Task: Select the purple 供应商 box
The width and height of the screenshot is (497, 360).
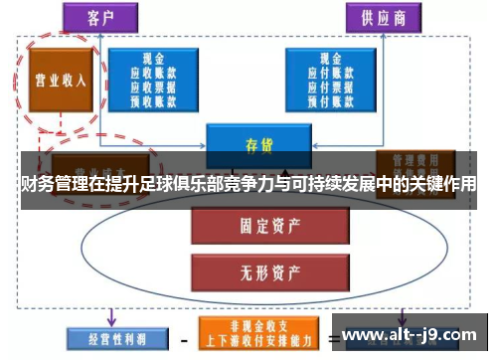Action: click(x=379, y=18)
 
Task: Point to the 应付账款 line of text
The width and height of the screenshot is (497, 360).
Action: click(x=330, y=73)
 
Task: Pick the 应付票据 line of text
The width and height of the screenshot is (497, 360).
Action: click(x=330, y=86)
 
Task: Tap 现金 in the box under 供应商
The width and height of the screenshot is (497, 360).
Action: click(x=330, y=60)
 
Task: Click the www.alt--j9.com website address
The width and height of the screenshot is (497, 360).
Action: click(x=409, y=334)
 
